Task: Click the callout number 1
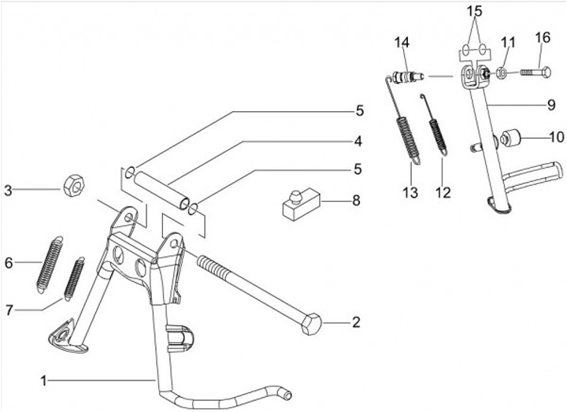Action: (45, 380)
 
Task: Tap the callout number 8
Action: (356, 201)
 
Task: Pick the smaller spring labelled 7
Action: (76, 278)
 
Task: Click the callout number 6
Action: (9, 262)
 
